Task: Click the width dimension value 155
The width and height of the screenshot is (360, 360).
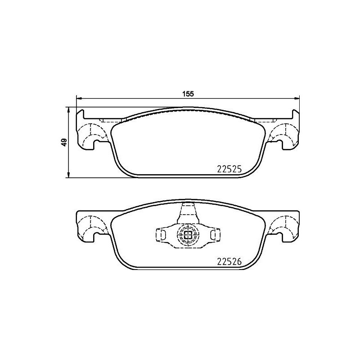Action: [x=188, y=94]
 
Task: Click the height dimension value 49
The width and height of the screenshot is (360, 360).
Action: [x=64, y=142]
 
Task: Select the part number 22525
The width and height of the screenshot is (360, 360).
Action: [x=229, y=169]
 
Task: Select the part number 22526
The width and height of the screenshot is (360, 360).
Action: [x=229, y=261]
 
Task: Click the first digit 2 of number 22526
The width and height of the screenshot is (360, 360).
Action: [x=220, y=261]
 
